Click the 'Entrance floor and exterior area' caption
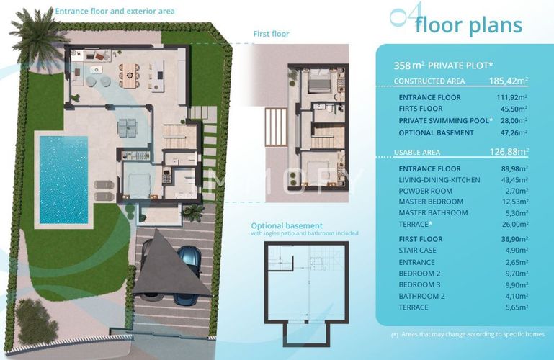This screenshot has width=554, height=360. click(115, 12)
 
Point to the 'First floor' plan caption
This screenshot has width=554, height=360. click(271, 34)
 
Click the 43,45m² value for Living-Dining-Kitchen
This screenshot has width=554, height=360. click(514, 179)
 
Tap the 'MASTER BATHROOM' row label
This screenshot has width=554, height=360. click(433, 213)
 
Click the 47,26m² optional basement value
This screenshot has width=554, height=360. click(514, 132)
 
